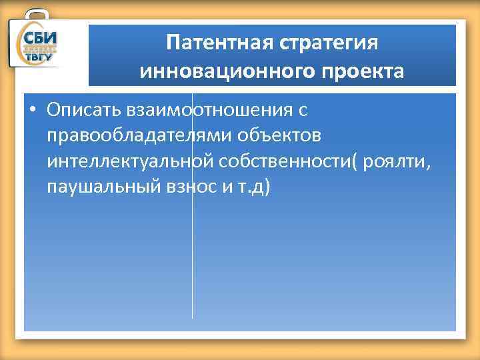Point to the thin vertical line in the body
tap(193, 267)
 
